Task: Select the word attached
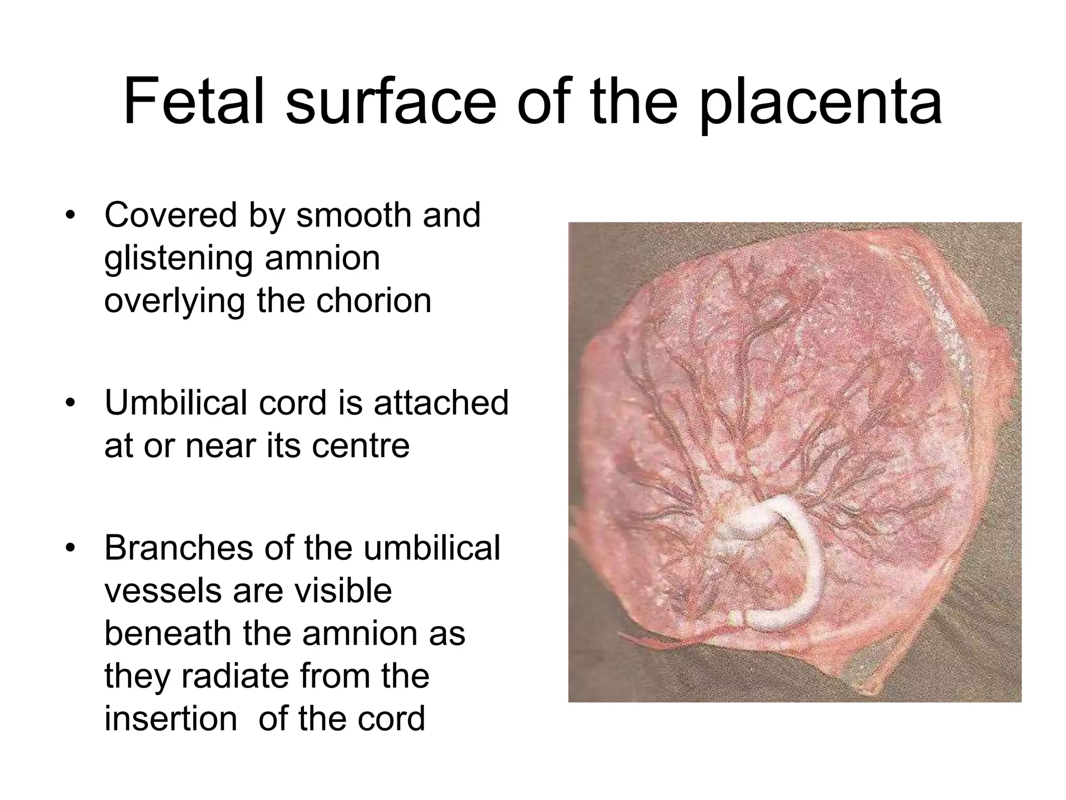coord(441,403)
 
